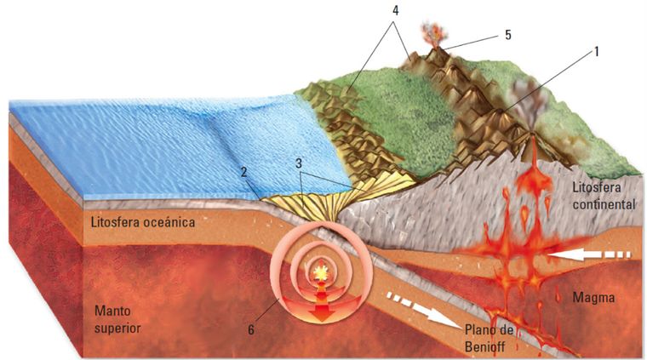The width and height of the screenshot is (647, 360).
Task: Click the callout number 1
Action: [x=597, y=50]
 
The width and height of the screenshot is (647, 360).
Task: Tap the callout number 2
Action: [x=243, y=172]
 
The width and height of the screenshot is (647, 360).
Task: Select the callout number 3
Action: [x=299, y=161]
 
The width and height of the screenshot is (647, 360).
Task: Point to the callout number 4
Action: [x=395, y=12]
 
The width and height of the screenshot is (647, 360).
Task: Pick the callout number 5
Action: [x=507, y=34]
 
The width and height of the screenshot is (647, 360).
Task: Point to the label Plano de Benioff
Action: [x=492, y=339]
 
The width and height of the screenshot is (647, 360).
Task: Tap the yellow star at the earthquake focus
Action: [x=321, y=273]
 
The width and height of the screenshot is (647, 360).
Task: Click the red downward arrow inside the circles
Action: [x=321, y=308]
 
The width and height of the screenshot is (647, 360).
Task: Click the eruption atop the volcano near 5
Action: [x=433, y=34]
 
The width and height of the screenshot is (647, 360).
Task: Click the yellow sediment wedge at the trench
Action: [x=306, y=204]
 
